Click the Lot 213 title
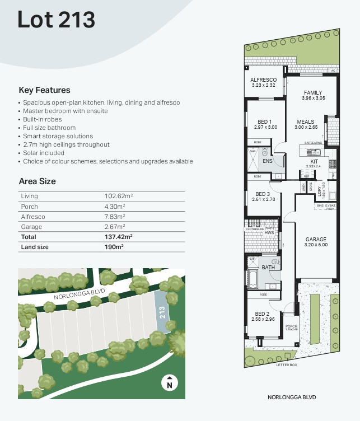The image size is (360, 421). (x=56, y=20)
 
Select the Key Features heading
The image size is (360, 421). (x=44, y=90)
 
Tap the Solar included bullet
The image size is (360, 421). (x=44, y=153)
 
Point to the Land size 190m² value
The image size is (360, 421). (x=114, y=247)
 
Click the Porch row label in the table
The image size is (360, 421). (x=29, y=207)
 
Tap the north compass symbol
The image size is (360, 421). (x=169, y=383)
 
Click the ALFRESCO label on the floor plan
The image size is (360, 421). (x=263, y=80)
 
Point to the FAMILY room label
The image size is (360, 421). (x=313, y=92)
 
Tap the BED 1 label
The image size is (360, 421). (x=265, y=122)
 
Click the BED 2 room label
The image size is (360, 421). (x=262, y=314)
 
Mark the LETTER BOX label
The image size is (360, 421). (x=286, y=365)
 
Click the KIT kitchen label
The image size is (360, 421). (x=314, y=161)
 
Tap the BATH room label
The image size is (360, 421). (x=268, y=268)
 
